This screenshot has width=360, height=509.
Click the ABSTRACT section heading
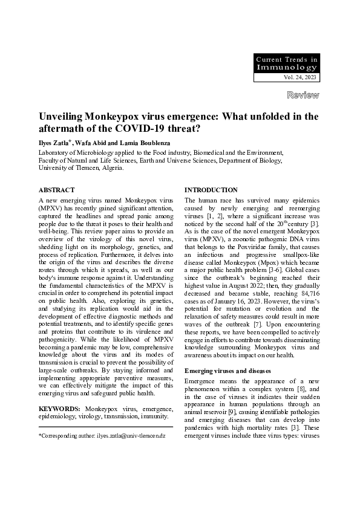click(x=56, y=190)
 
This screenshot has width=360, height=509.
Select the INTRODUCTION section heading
click(x=211, y=190)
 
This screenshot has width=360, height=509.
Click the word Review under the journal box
click(x=303, y=95)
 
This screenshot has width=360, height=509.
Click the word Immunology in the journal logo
click(x=286, y=68)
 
